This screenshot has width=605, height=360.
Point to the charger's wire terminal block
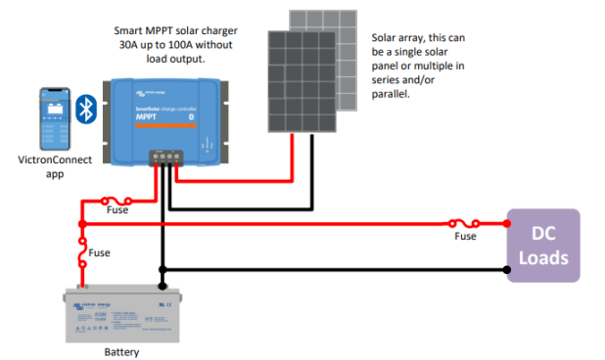pyautogui.click(x=165, y=156)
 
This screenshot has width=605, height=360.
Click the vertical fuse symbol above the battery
pyautogui.click(x=82, y=257)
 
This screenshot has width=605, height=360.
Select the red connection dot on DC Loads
pyautogui.click(x=506, y=223)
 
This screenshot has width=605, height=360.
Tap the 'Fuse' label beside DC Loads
pyautogui.click(x=465, y=236)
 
